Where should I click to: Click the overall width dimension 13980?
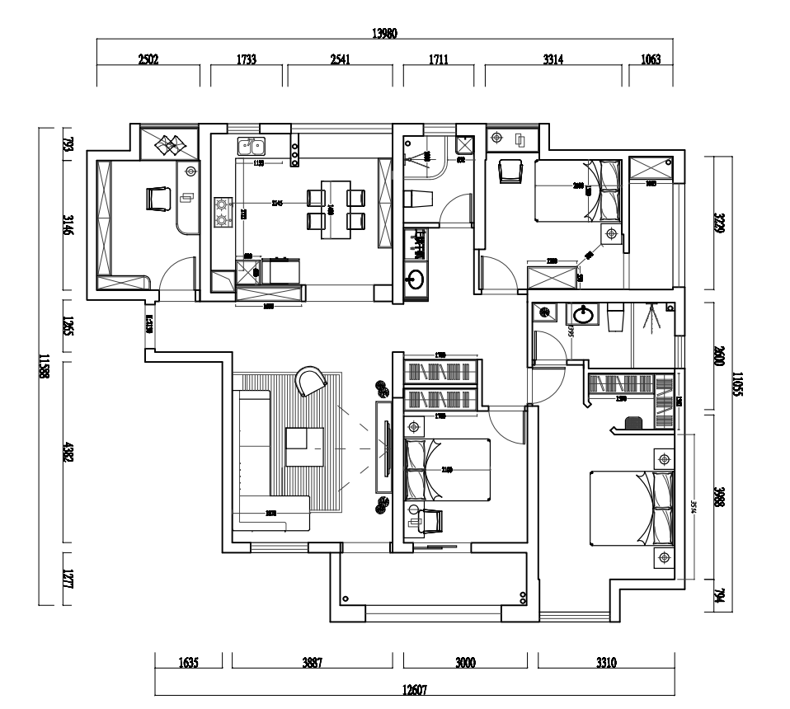pyautogui.click(x=385, y=34)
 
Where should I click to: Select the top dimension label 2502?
pyautogui.click(x=148, y=59)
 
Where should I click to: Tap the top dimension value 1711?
pyautogui.click(x=438, y=59)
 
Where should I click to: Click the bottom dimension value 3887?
pyautogui.click(x=313, y=661)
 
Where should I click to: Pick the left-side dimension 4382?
pyautogui.click(x=68, y=456)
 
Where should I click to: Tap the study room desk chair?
pyautogui.click(x=158, y=199)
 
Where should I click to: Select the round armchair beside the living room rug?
pyautogui.click(x=312, y=381)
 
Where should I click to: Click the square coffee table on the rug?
pyautogui.click(x=305, y=446)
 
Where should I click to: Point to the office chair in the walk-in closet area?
pyautogui.click(x=634, y=423)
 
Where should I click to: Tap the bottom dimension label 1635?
pyautogui.click(x=188, y=661)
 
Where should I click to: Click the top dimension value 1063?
pyautogui.click(x=651, y=59)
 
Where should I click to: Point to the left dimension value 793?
pyautogui.click(x=68, y=146)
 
